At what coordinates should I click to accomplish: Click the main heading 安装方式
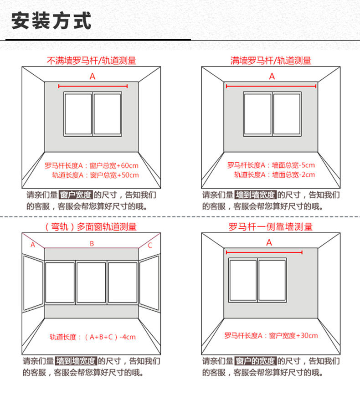51,21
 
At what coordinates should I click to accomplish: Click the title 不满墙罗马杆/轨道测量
92,60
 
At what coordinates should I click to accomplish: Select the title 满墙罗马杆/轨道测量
271,60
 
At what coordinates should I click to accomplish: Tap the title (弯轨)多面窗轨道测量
91,226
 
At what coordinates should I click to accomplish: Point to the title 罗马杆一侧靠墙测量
271,226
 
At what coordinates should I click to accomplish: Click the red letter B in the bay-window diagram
92,244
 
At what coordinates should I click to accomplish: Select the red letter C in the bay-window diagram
150,245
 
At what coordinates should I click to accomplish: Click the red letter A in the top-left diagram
93,77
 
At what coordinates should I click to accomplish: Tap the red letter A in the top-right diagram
272,77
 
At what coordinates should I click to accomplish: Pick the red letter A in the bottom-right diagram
269,242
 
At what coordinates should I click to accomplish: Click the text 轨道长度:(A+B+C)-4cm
93,337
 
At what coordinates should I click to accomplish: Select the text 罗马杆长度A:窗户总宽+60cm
92,165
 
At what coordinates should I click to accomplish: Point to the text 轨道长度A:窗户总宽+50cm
95,174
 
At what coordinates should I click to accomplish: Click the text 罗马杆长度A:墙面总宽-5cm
271,165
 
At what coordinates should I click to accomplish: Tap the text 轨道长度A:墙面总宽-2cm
274,174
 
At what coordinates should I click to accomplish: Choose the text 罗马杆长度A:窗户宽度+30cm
271,336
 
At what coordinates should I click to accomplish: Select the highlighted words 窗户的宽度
256,361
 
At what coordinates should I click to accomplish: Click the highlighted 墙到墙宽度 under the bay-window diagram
76,361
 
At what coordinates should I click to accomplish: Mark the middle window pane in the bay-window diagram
91,282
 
